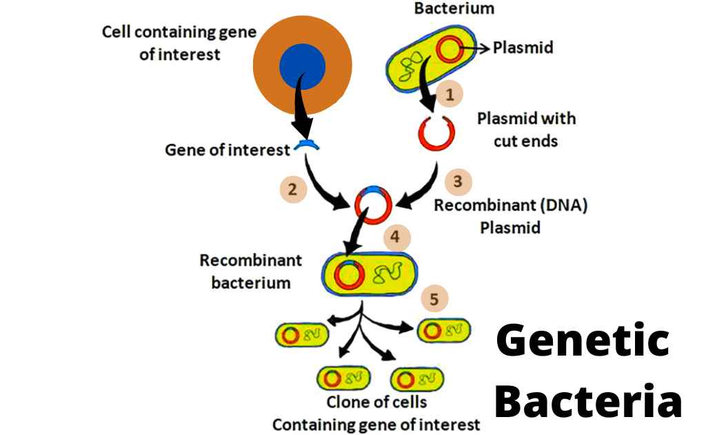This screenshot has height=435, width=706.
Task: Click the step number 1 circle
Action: [x=449, y=95]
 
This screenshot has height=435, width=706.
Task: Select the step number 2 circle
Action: [x=293, y=189]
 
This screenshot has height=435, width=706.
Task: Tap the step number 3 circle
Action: [x=456, y=182]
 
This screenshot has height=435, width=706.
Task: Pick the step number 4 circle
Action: [x=396, y=238]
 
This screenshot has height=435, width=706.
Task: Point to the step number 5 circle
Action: [x=434, y=299]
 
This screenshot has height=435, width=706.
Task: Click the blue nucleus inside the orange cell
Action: [x=302, y=67]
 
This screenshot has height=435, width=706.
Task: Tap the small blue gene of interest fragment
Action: [x=305, y=145]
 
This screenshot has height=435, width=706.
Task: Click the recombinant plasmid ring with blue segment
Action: [x=373, y=204]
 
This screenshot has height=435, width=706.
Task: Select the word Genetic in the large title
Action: [x=583, y=341]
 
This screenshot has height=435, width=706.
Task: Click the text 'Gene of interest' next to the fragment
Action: [x=227, y=150]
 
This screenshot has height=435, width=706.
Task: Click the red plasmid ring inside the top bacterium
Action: [x=451, y=49]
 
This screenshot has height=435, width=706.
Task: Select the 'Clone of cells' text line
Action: [x=376, y=401]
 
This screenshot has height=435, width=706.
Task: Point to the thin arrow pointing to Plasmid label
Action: [x=476, y=48]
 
